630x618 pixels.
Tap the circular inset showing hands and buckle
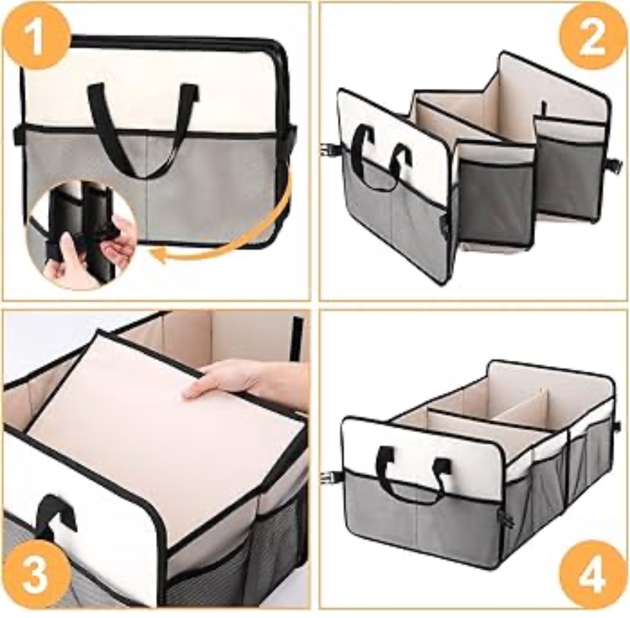click(82, 235)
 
